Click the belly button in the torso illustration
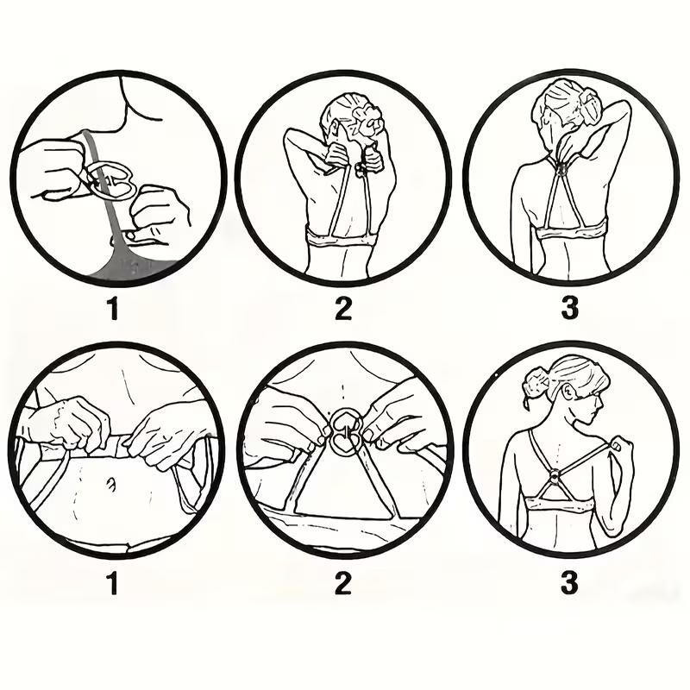110,486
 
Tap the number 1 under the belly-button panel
112,584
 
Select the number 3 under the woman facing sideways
569,584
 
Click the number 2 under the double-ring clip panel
343,584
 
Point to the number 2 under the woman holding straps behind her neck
343,309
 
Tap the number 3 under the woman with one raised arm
569,309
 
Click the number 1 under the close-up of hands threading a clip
112,309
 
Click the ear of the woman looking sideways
570,393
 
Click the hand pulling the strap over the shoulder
619,449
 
